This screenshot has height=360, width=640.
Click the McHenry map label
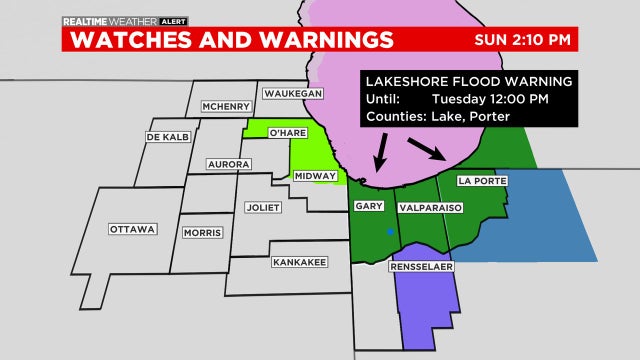225,107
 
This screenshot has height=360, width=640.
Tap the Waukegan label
293,93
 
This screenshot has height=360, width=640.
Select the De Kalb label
168,136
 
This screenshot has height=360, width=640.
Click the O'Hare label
285,133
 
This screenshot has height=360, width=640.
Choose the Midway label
317,175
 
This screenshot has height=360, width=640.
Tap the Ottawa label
133,229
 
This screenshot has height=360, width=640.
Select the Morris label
204,233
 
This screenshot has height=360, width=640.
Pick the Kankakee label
299,263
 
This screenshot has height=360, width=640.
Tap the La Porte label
482,181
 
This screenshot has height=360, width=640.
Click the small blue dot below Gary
390,232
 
